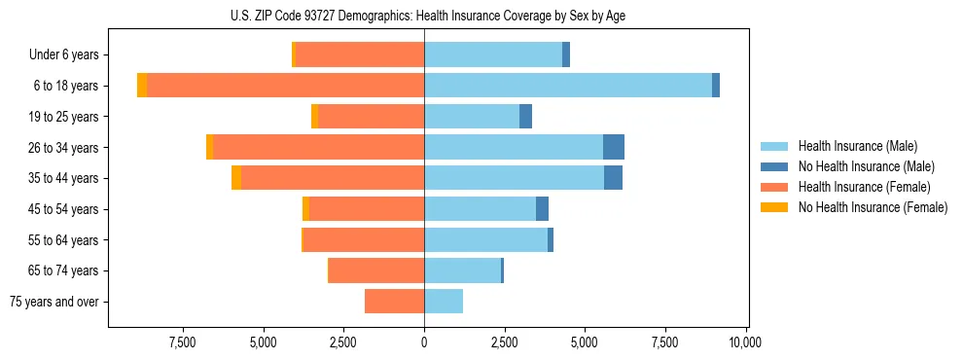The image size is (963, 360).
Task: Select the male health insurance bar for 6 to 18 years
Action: tap(568, 86)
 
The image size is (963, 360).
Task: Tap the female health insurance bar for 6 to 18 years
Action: tap(285, 86)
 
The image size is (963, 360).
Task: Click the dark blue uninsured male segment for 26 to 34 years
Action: tap(613, 147)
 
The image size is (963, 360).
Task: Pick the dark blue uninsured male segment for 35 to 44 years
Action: tap(613, 178)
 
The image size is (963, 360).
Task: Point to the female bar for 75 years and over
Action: tap(394, 302)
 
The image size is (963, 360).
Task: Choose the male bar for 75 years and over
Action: tap(444, 302)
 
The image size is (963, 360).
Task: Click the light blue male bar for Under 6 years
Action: tap(493, 54)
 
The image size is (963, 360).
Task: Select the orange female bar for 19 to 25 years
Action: tap(371, 117)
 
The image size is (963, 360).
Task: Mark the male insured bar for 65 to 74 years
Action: tap(462, 270)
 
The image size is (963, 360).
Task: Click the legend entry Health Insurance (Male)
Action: tap(857, 146)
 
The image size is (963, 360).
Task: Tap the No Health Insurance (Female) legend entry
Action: tap(873, 207)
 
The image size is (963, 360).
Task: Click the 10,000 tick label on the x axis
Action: tap(745, 342)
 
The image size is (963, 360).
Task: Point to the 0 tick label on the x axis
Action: tap(424, 342)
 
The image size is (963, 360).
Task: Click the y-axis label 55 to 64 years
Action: tap(66, 240)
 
